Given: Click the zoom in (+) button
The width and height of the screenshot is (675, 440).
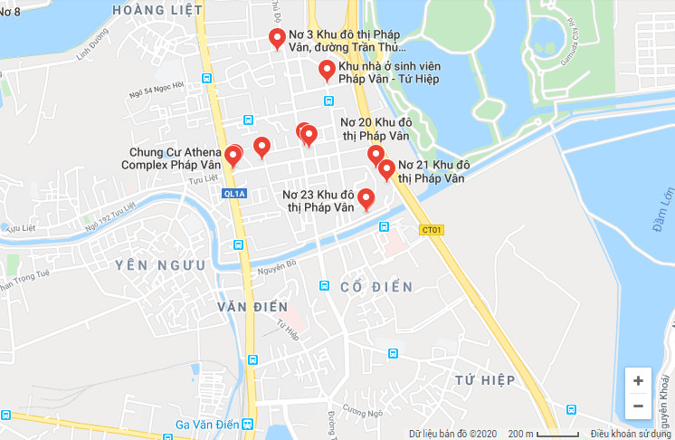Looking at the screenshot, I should pos(639,380).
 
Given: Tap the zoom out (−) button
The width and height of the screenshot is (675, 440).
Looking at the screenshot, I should pos(639,407).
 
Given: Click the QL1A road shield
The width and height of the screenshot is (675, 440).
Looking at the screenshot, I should pos(233,194).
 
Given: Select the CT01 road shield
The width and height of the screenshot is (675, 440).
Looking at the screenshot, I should pos(432,230).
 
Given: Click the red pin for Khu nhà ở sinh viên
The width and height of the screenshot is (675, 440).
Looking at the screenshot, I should pos(327,71).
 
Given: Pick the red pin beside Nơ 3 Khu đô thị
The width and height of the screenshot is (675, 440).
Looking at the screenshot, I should pos(278,39).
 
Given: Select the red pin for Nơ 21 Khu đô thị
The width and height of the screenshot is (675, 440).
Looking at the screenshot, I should pos(386,169).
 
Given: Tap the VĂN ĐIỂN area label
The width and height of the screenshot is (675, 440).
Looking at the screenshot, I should pos(252,307).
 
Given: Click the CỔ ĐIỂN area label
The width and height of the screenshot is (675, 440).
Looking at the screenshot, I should pos(376,287).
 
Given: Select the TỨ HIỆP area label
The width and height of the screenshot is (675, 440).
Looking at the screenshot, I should pos(485,378).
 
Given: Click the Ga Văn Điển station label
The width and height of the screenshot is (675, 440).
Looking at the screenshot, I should pos(207,425).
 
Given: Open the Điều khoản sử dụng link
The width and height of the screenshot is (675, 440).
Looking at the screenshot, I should pos(632,434).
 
